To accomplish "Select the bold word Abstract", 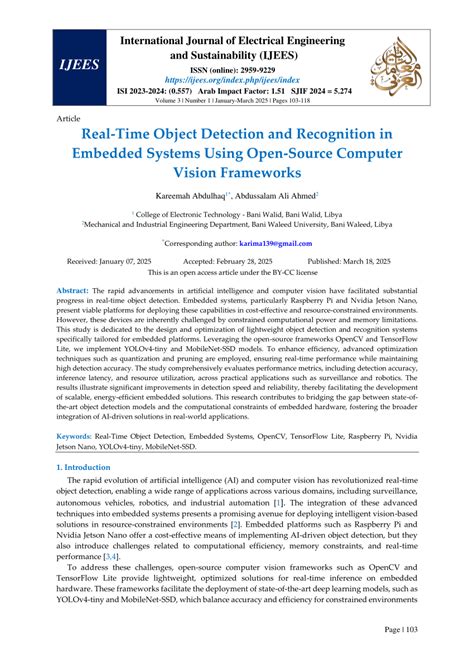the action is point(76,316).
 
